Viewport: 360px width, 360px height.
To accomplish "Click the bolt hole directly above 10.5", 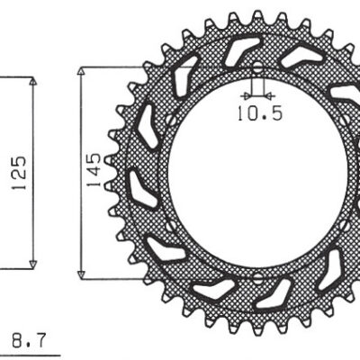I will [x=257, y=68].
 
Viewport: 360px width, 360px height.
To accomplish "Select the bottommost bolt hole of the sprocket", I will [x=257, y=274].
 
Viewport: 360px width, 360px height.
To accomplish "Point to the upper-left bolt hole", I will [x=169, y=120].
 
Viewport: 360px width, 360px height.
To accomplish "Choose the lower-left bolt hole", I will [x=169, y=223].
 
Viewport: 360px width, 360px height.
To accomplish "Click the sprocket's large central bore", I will [x=257, y=171].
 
